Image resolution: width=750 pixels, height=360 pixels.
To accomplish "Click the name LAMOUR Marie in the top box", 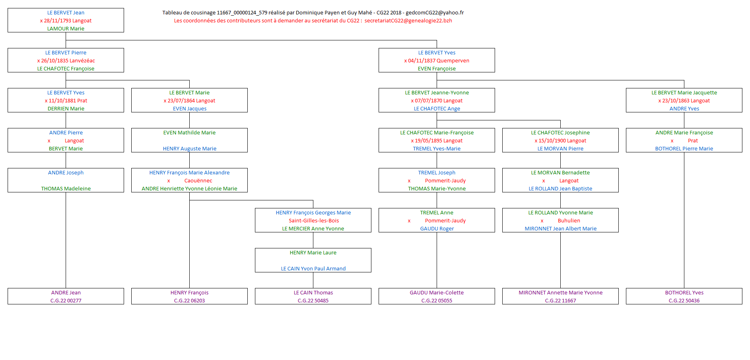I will point(66,29).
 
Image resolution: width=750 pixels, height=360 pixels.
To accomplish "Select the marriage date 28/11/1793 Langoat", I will point(68,21).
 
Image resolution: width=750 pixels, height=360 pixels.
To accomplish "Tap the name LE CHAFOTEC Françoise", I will point(66,69).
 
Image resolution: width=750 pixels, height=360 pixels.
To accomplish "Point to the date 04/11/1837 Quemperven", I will point(439,61).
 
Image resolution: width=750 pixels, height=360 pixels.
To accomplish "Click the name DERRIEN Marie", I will point(66,109).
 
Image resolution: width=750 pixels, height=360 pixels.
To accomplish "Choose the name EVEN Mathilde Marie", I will point(189,133).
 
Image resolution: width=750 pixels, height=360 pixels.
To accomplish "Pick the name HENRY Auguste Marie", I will point(189,149).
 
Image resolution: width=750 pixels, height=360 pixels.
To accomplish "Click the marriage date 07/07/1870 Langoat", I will point(439,101).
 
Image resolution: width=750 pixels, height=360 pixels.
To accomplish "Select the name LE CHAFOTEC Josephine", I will point(560,133).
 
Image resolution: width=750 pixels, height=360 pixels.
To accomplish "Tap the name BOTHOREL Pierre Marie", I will point(684,149).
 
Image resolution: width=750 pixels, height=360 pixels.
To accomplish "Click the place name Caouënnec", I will point(198,181).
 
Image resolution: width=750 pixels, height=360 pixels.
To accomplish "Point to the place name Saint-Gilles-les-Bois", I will point(314,221).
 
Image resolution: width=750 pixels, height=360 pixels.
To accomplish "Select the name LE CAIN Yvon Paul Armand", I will point(313,269).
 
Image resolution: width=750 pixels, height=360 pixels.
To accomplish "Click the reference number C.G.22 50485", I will point(313,301).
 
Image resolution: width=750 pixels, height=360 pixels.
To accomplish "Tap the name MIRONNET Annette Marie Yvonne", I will point(560,293).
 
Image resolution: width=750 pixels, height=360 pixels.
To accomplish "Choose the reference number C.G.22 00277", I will point(66,301).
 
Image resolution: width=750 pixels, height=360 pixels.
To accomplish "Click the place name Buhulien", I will point(569,221).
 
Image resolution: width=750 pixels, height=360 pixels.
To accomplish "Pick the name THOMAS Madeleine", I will point(66,189).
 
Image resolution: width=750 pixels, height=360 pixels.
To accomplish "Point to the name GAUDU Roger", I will point(437,229).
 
